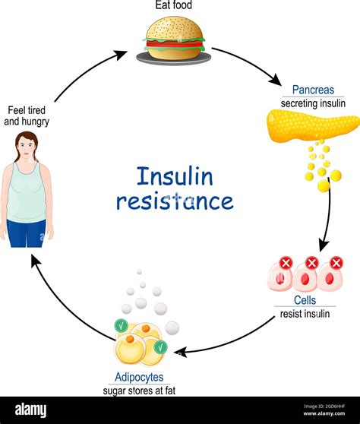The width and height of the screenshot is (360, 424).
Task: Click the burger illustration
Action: click(174, 41)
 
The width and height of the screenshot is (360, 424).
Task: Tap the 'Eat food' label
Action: click(175, 7)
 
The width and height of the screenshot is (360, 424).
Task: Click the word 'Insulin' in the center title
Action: click(175, 176)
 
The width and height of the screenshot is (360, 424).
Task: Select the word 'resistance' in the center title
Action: click(175, 201)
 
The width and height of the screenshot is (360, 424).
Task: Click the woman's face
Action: click(27, 145)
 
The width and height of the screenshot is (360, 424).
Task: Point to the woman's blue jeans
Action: click(27, 235)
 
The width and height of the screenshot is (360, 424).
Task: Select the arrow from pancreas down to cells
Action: click(328, 220)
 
